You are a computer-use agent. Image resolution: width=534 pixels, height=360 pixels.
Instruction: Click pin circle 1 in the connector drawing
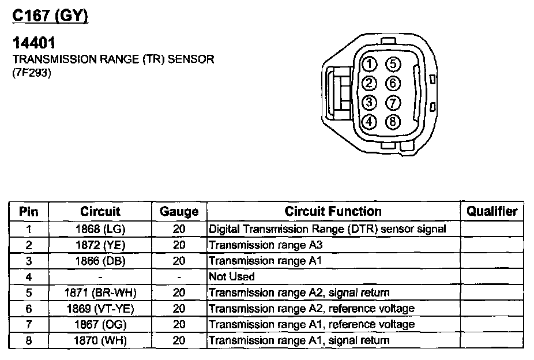point(370,63)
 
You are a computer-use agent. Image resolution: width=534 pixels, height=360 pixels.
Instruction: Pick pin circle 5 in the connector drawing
point(393,63)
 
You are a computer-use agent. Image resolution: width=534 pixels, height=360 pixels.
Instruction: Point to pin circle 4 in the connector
point(370,121)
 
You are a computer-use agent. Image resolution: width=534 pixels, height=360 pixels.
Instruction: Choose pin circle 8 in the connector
point(393,121)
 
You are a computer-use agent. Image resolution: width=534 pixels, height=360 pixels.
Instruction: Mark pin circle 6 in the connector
point(393,83)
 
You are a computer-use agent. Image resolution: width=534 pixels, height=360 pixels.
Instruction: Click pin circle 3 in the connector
point(370,103)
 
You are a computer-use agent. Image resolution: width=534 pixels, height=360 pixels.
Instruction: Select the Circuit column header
point(100,211)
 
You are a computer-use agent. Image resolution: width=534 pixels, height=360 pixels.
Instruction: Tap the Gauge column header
point(179,212)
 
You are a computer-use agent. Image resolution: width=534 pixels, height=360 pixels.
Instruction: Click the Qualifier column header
point(491,211)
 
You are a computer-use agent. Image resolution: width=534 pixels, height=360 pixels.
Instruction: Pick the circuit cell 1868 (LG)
point(100,229)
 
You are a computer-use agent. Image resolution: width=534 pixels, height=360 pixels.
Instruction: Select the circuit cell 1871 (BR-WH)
point(100,292)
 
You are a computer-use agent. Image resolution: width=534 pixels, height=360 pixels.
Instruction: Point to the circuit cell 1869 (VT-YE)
point(100,309)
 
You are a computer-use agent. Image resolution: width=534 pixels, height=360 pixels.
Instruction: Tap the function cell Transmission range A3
point(265,245)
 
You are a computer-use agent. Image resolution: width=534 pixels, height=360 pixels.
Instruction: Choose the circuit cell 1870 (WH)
point(100,340)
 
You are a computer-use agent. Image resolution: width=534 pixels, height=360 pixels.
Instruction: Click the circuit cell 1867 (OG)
point(100,324)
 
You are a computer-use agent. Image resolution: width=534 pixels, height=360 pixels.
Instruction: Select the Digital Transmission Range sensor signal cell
point(328,229)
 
